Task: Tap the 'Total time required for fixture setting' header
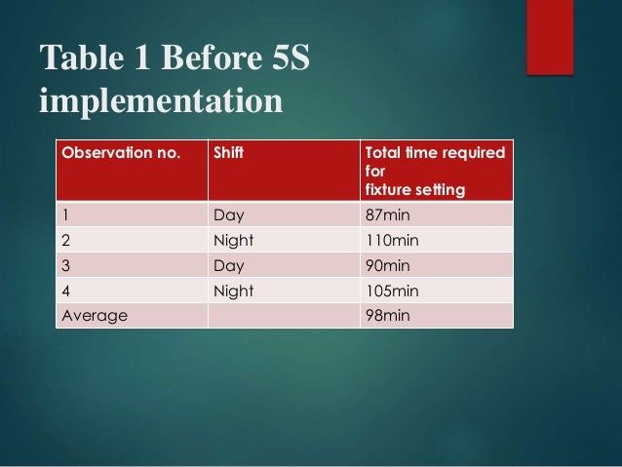(x=434, y=170)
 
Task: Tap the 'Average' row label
(x=94, y=315)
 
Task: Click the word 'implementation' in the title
(x=161, y=100)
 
